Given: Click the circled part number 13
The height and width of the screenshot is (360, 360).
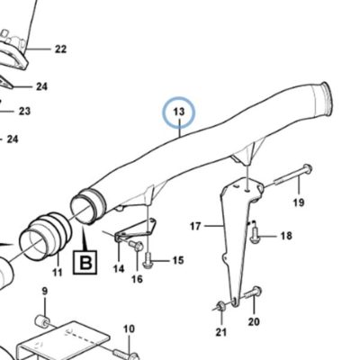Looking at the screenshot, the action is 179,112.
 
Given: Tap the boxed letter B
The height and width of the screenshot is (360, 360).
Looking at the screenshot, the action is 85,262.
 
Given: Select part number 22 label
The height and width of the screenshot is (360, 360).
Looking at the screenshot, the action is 60,49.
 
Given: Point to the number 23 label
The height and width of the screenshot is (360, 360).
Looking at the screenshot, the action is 24,112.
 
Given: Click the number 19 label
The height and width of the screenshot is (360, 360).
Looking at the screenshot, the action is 299,202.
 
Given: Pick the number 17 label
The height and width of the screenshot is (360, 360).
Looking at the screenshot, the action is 195,226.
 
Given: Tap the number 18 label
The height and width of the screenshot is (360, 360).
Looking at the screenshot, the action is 286,236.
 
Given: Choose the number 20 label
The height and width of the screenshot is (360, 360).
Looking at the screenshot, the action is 254,322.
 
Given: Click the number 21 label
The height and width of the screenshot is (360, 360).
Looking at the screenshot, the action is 221,332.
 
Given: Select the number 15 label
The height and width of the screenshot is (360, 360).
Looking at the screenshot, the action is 178,260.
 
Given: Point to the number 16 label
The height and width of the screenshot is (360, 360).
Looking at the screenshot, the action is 137,279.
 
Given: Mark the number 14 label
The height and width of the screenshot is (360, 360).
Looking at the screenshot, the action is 119,268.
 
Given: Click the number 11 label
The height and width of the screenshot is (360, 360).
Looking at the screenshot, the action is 57,273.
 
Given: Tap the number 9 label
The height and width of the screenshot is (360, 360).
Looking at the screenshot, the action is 45,292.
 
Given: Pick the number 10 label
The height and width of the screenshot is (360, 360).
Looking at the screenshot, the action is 130,329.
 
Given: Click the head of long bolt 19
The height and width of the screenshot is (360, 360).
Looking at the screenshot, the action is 307,169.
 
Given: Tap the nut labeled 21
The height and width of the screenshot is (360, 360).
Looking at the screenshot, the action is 220,306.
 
